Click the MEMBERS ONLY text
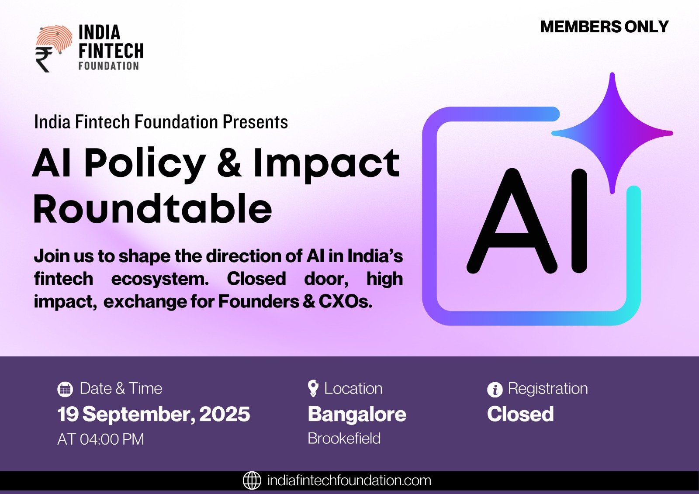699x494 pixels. click(x=604, y=27)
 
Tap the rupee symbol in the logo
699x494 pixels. click(x=44, y=59)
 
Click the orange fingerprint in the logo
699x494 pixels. click(x=55, y=38)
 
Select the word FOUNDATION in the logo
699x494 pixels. click(x=109, y=66)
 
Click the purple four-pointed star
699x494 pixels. click(x=612, y=133)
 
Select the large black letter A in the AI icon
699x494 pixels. click(x=512, y=221)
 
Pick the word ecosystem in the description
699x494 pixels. click(x=160, y=279)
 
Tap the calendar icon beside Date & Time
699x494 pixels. click(x=65, y=389)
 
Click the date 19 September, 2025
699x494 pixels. click(x=153, y=414)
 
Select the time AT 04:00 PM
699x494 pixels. click(x=100, y=439)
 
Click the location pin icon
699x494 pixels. click(x=313, y=388)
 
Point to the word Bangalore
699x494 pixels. click(x=357, y=415)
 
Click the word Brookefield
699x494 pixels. click(x=344, y=439)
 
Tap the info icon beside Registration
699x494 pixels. click(x=495, y=390)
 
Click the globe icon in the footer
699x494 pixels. click(x=252, y=480)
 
